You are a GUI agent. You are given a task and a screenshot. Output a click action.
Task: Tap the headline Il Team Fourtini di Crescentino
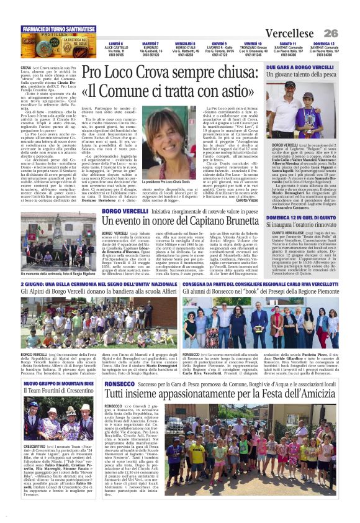pos(52,393)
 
